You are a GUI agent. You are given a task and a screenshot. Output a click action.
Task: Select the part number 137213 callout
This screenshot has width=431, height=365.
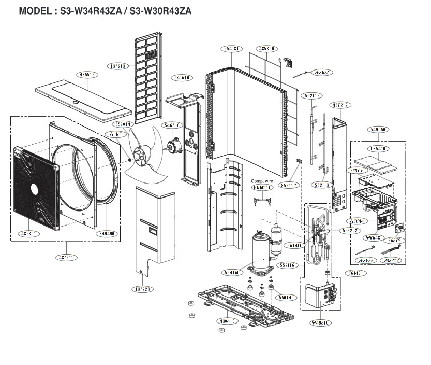click(117, 66)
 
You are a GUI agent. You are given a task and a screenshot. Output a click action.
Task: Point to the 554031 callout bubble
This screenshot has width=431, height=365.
click(231, 48)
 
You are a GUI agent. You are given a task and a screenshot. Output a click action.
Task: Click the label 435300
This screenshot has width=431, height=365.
click(266, 48)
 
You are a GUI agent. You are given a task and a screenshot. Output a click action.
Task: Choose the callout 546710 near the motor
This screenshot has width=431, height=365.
click(172, 125)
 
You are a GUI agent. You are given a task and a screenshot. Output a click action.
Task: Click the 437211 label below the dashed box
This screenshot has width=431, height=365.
click(67, 257)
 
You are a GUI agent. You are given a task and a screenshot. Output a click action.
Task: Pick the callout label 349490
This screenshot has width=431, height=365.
click(108, 234)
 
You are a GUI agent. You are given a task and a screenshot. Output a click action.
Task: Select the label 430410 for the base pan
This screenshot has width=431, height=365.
click(226, 321)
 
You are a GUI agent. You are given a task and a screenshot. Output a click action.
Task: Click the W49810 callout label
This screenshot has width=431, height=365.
click(321, 323)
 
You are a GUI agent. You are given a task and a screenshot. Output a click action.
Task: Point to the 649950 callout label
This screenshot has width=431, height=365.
click(378, 129)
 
